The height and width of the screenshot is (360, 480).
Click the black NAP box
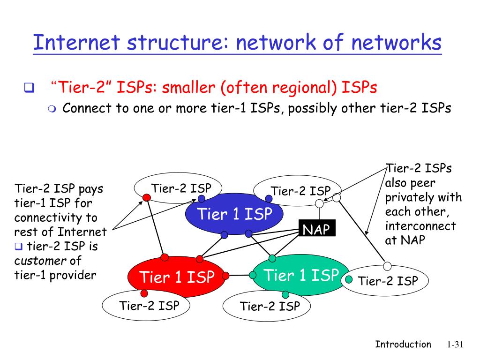(x=316, y=229)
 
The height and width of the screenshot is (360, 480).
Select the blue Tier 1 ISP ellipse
(x=234, y=215)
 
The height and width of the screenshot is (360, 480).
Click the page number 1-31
(x=454, y=345)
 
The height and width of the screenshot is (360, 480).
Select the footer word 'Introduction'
(x=403, y=345)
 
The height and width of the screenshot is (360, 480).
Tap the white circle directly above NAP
(x=319, y=204)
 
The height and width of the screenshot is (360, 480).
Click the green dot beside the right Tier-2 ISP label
(x=349, y=280)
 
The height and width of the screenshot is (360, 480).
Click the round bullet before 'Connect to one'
(x=52, y=109)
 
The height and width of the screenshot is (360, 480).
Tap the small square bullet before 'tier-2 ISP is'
(x=18, y=246)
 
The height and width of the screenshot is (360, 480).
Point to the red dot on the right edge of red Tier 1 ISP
(x=225, y=276)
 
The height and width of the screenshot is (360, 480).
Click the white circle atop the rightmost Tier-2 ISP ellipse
(x=387, y=266)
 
